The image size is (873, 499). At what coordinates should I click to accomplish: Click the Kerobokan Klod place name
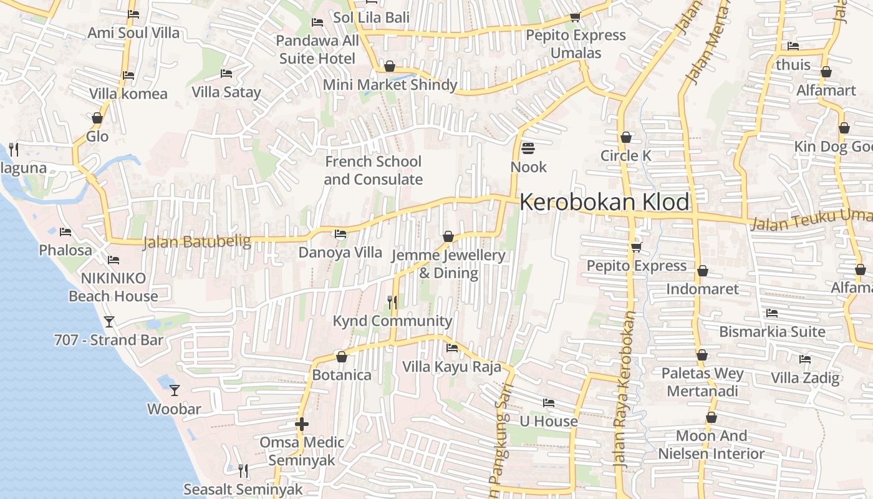click(x=604, y=202)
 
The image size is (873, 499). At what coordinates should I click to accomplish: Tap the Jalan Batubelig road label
click(x=196, y=241)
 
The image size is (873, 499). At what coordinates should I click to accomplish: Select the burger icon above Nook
click(x=528, y=148)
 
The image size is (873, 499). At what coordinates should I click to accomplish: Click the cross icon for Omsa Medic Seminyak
click(x=302, y=424)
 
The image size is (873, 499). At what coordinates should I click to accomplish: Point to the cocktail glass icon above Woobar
click(x=175, y=390)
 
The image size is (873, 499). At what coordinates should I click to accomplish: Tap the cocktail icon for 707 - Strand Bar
click(x=109, y=322)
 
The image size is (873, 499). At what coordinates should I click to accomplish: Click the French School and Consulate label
click(x=373, y=170)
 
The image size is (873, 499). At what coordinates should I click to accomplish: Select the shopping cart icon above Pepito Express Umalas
click(x=575, y=17)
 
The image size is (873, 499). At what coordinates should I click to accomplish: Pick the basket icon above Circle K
click(x=626, y=137)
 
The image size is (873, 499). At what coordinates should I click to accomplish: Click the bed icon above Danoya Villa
click(x=340, y=234)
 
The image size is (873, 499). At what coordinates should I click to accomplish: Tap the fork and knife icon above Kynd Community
click(x=392, y=303)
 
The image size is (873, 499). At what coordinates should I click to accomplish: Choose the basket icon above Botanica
click(x=342, y=357)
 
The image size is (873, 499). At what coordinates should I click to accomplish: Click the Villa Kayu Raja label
click(x=451, y=366)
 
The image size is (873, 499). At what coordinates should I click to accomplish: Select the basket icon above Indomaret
click(x=703, y=271)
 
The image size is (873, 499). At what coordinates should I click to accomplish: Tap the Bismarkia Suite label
click(x=772, y=331)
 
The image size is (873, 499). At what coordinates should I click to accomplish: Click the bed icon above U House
click(x=549, y=403)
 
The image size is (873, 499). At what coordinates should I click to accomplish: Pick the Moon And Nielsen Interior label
click(x=711, y=445)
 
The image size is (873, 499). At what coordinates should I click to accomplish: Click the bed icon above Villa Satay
click(x=226, y=74)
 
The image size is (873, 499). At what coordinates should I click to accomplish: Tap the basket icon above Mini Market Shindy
click(x=390, y=66)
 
